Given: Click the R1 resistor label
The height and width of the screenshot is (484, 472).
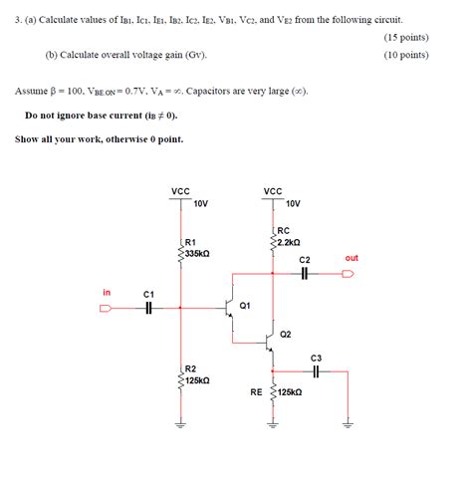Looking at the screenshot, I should click(x=190, y=242).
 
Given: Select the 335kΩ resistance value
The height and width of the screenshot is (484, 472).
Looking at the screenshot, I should click(x=196, y=253).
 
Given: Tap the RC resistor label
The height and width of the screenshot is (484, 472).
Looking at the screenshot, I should click(x=283, y=230).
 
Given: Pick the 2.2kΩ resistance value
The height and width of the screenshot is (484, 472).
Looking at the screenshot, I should click(x=289, y=242).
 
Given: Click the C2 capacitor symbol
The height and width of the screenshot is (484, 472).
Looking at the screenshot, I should click(x=305, y=274).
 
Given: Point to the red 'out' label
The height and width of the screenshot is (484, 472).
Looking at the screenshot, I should click(x=352, y=258).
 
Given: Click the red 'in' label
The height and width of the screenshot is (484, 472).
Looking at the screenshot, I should click(x=108, y=292).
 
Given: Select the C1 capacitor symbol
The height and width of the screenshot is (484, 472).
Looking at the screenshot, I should click(x=148, y=308).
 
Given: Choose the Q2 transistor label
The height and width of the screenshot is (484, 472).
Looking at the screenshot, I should click(x=286, y=334).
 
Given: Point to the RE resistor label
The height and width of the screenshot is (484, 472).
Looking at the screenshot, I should click(x=256, y=392).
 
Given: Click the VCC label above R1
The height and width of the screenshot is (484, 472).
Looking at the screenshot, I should click(x=180, y=191).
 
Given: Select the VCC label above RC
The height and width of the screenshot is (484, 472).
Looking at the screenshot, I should click(x=273, y=191).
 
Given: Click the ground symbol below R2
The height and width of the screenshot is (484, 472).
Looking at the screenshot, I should click(x=180, y=420).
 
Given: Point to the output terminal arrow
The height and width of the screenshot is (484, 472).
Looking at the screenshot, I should click(x=347, y=274).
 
